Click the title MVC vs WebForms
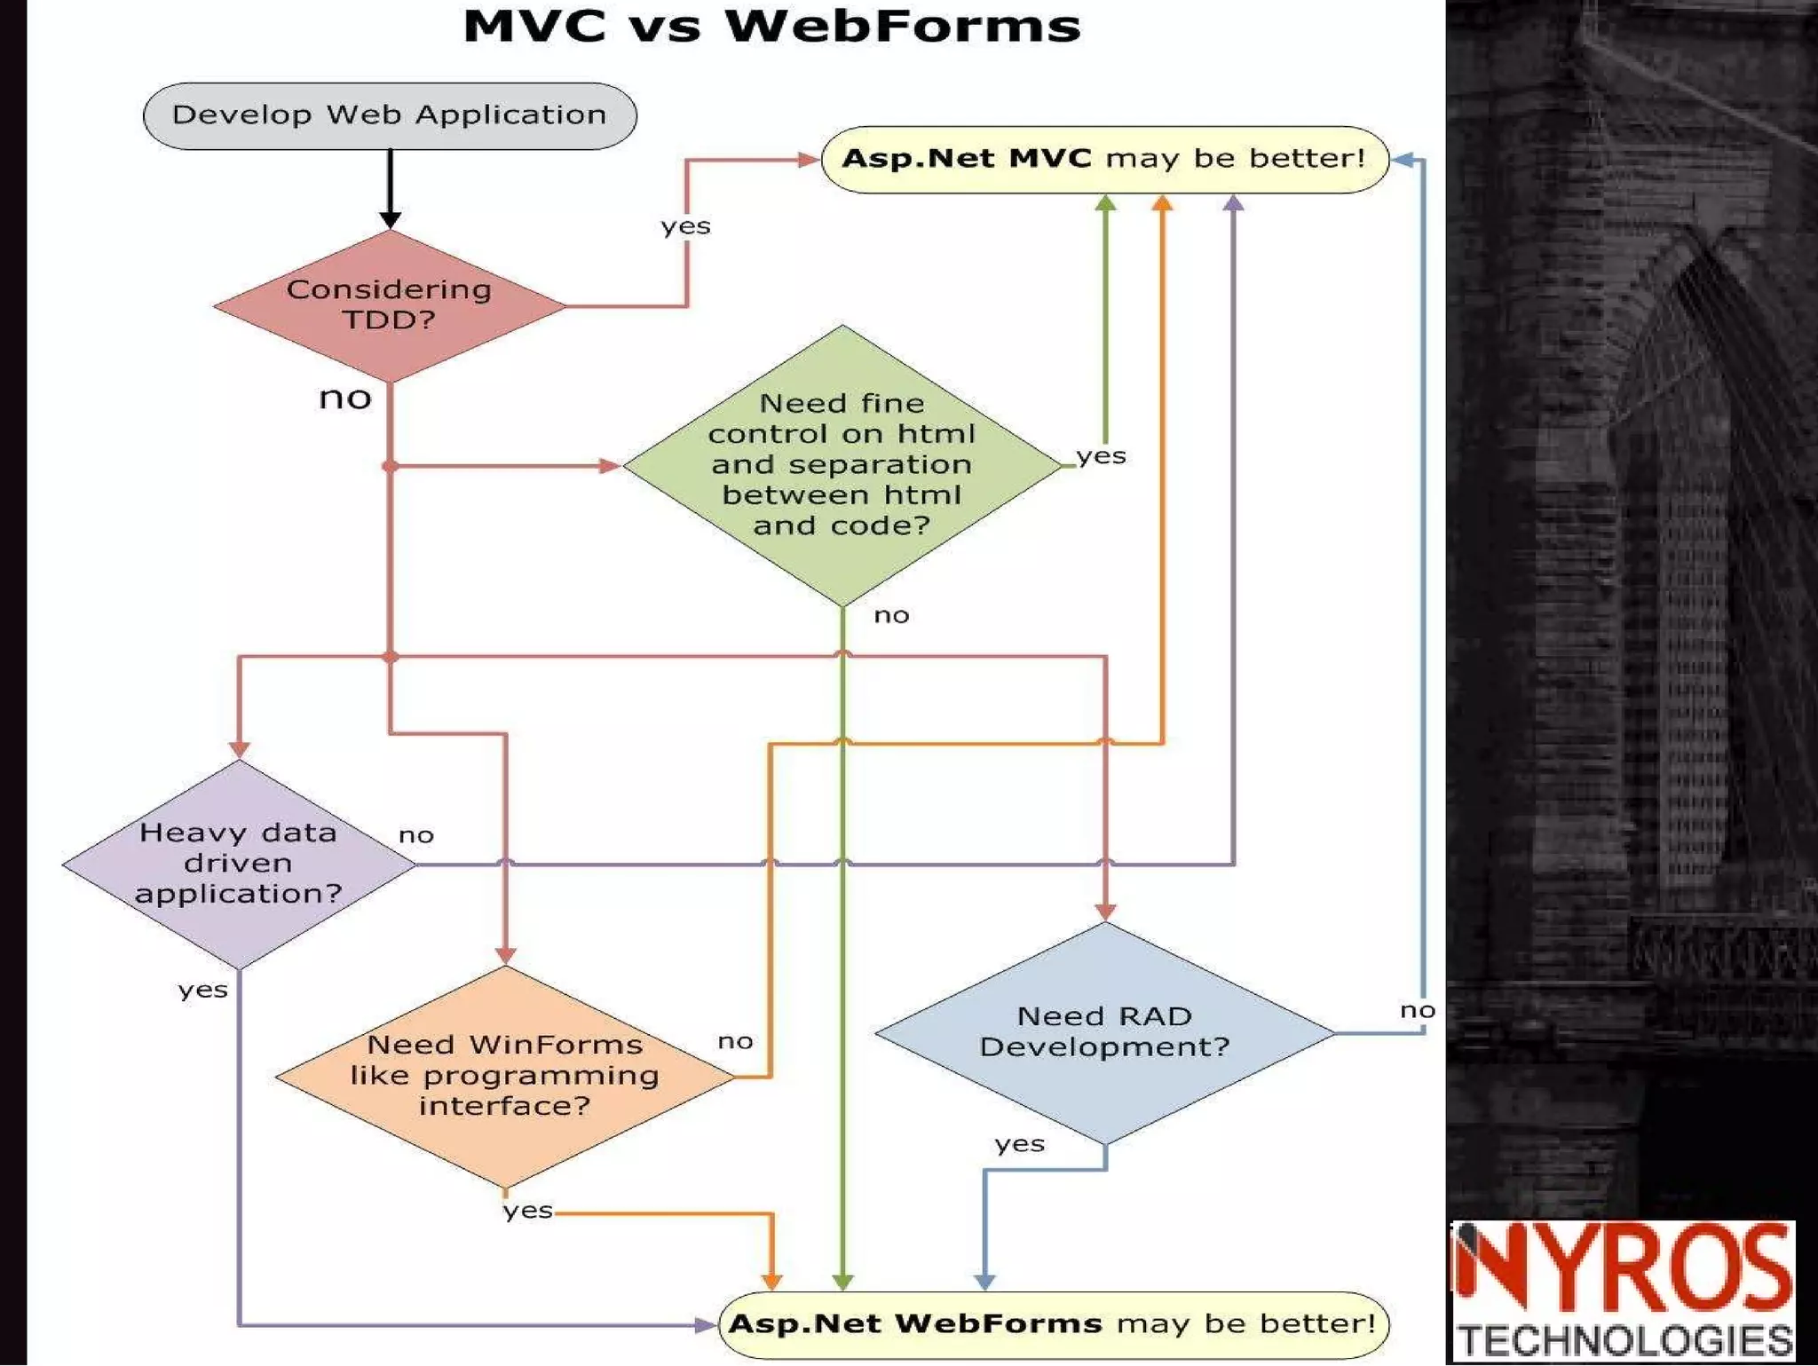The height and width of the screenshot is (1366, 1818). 771,27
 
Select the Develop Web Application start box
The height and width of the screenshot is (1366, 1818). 390,115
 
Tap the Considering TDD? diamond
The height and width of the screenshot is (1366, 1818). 390,304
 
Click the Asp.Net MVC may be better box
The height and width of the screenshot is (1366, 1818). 1104,159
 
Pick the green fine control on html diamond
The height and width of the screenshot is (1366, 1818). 842,464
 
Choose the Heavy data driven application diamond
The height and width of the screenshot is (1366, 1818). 239,864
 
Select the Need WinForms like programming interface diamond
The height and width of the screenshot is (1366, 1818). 504,1075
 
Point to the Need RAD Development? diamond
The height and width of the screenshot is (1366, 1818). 1104,1031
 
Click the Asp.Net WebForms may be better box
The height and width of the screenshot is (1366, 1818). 1053,1324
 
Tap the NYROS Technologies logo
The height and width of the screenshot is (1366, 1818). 1624,1291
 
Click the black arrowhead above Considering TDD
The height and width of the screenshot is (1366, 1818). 390,219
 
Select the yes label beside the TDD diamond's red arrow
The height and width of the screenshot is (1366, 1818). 685,226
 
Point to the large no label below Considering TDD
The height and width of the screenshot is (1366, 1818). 345,398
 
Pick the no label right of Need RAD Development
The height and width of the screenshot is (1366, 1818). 1417,1010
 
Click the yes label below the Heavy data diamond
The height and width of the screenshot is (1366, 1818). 202,990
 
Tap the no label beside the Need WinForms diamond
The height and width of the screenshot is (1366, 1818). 735,1040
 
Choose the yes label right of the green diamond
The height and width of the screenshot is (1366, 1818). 1101,456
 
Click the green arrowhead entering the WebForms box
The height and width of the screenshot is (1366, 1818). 842,1282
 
